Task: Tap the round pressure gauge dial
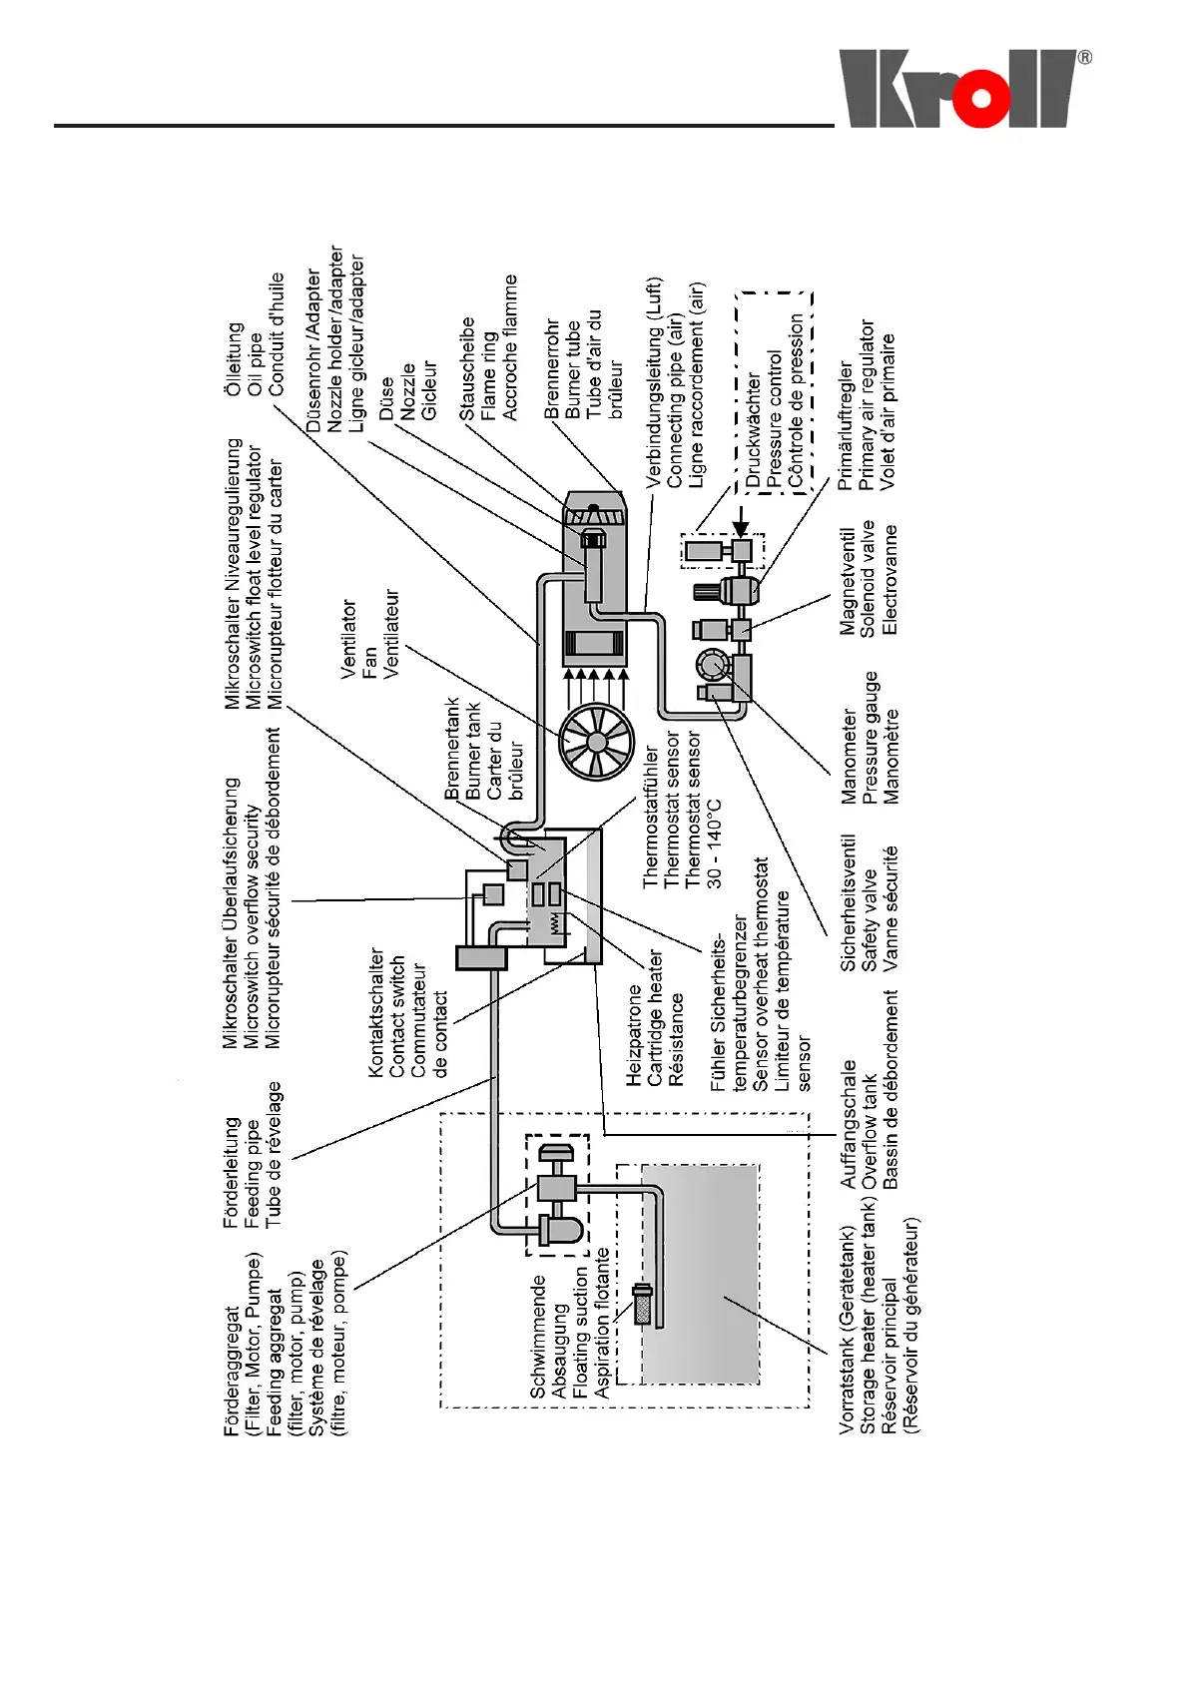point(713,665)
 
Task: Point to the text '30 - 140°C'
point(715,843)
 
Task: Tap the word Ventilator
point(348,639)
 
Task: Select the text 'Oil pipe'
point(255,358)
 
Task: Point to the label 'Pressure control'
point(775,418)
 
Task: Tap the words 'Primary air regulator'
point(867,404)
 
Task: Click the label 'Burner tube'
point(573,368)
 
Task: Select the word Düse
point(386,397)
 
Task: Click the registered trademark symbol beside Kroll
point(1084,58)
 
